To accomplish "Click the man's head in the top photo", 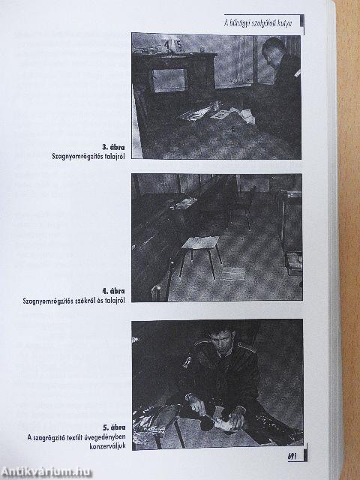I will [x=271, y=50].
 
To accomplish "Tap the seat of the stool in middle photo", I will [x=200, y=243].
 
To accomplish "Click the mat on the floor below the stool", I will [x=232, y=274].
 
